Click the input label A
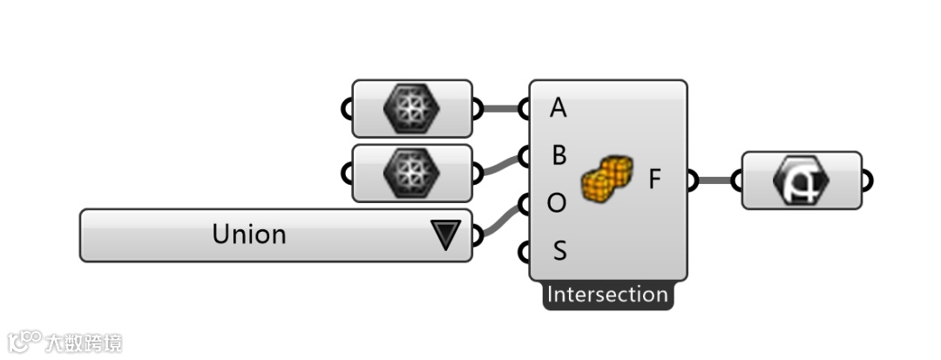point(559,109)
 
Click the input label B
point(559,156)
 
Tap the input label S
point(559,252)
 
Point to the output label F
point(656,180)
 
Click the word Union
point(249,234)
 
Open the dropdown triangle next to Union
point(445,235)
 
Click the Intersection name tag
point(607,295)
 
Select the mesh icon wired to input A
point(412,109)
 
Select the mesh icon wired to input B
point(412,173)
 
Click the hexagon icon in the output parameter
point(802,180)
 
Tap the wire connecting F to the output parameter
point(716,180)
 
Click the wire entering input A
point(502,109)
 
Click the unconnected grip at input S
point(524,252)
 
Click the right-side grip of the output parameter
point(867,180)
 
